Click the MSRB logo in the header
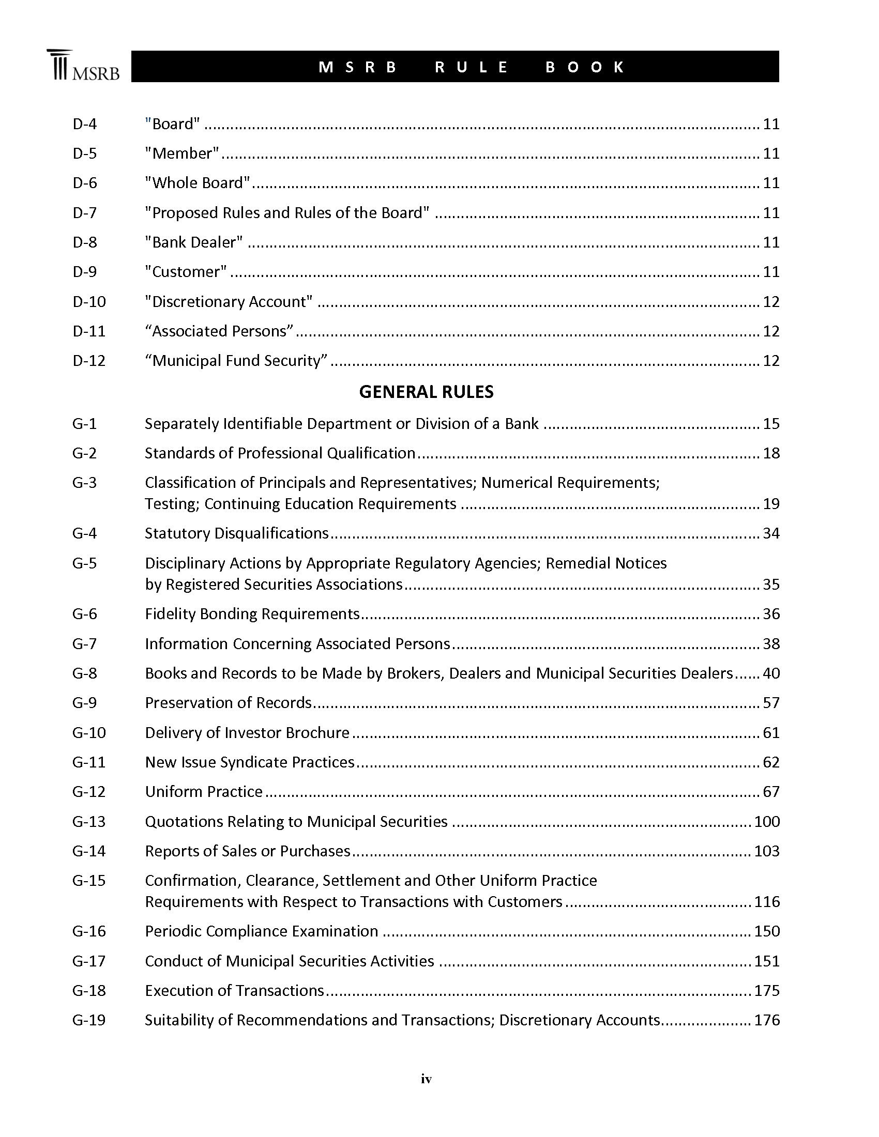pyautogui.click(x=83, y=66)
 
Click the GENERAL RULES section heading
pyautogui.click(x=426, y=392)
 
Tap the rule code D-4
pyautogui.click(x=85, y=124)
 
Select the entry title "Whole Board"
pyautogui.click(x=198, y=183)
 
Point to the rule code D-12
pyautogui.click(x=89, y=361)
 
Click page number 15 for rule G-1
pyautogui.click(x=771, y=424)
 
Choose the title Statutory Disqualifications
pyautogui.click(x=237, y=534)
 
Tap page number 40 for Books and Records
pyautogui.click(x=771, y=673)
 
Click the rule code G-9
pyautogui.click(x=85, y=703)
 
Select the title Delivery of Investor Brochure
pyautogui.click(x=247, y=733)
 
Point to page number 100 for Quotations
pyautogui.click(x=766, y=822)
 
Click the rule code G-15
pyautogui.click(x=89, y=881)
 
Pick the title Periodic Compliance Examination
pyautogui.click(x=262, y=931)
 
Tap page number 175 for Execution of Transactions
pyautogui.click(x=766, y=991)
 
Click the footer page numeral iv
pyautogui.click(x=426, y=1079)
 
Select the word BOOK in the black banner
pyautogui.click(x=585, y=67)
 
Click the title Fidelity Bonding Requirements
pyautogui.click(x=252, y=614)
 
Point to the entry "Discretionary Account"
pyautogui.click(x=229, y=302)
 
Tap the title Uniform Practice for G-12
pyautogui.click(x=204, y=792)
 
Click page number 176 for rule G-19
pyautogui.click(x=766, y=1020)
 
